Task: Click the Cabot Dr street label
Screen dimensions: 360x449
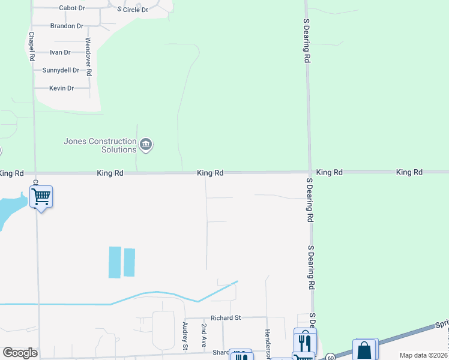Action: coord(72,8)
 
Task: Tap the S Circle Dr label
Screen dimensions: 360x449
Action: coord(133,10)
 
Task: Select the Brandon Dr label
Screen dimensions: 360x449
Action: coord(67,26)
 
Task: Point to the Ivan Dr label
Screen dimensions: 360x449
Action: coord(60,53)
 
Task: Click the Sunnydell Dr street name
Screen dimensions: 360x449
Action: coord(61,70)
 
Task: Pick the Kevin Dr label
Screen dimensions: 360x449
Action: coord(61,88)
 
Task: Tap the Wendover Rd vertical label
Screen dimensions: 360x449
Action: coord(88,56)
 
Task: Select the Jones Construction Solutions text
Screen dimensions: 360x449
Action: coord(100,145)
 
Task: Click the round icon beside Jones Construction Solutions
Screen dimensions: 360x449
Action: coord(146,145)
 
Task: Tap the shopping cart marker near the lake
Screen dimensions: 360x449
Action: coord(41,196)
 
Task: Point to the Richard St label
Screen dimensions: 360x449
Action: coord(225,317)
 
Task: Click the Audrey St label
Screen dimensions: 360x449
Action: coord(185,336)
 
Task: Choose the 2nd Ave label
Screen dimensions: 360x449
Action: coord(204,337)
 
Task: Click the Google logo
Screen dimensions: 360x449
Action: coord(20,353)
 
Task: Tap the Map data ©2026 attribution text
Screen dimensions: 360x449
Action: coord(423,355)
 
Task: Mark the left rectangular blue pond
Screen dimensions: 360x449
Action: coord(115,262)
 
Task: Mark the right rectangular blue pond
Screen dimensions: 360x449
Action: coord(129,262)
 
